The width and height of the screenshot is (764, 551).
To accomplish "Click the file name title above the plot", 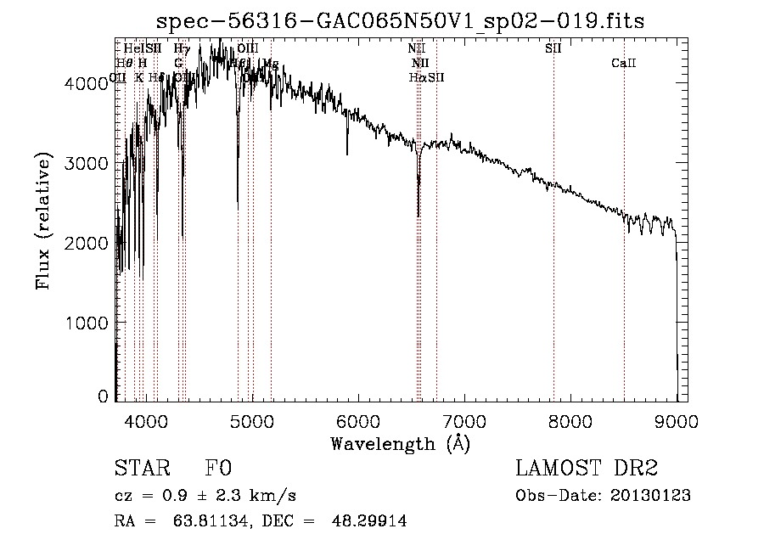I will pos(402,20).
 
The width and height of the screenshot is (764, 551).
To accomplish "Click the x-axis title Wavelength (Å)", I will pos(400,443).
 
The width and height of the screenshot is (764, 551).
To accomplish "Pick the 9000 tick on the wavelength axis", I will pos(677,420).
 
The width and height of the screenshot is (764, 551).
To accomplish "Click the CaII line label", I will pos(624,64).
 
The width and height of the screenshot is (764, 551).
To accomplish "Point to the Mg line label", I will pos(271,64).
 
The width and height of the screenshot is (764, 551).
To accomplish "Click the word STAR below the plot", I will pos(141,469).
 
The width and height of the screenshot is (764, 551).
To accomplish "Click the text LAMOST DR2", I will pos(587,469).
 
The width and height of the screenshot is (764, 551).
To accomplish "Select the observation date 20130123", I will pos(651,496).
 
